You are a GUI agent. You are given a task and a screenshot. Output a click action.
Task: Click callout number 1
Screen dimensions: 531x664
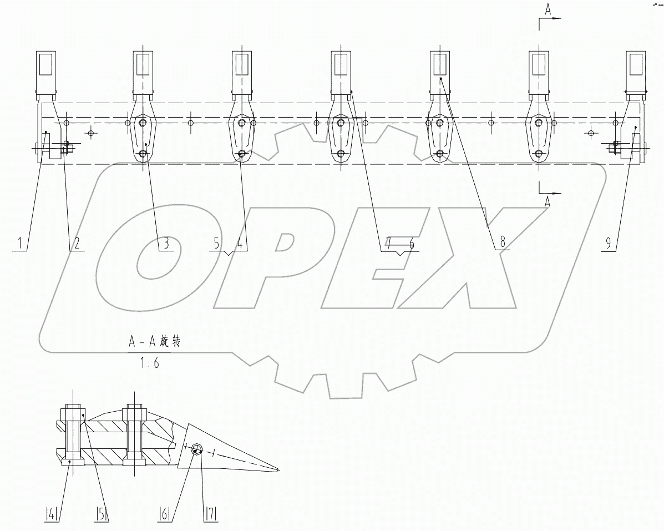[20, 243]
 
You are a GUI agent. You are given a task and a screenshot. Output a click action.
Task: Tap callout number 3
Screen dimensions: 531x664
[166, 243]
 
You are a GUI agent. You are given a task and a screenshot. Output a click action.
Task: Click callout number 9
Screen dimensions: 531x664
[609, 243]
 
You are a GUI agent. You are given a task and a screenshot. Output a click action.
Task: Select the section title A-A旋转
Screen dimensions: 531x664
[153, 342]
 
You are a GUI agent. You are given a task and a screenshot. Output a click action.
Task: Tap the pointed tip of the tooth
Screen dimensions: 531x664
[278, 471]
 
